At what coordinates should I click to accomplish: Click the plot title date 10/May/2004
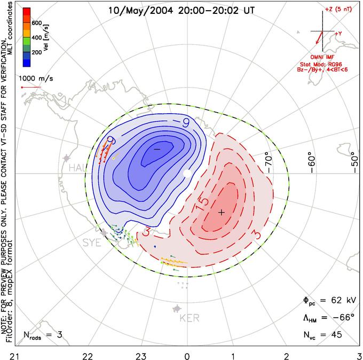[x=140, y=11]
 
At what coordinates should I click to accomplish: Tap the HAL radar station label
[x=78, y=168]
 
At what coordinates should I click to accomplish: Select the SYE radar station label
[x=92, y=242]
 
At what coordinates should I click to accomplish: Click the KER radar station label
[x=190, y=318]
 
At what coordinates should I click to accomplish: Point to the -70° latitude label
[x=269, y=162]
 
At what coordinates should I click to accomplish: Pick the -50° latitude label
[x=354, y=162]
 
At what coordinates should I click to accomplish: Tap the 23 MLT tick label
[x=141, y=356]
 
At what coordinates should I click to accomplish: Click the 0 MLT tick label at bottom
[x=187, y=356]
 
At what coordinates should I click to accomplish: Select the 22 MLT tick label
[x=88, y=356]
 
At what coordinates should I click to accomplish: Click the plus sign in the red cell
[x=222, y=212]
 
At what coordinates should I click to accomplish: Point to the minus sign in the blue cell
[x=157, y=149]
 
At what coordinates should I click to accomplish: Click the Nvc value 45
[x=336, y=334]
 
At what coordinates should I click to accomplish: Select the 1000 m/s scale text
[x=36, y=79]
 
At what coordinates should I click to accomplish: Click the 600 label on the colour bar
[x=37, y=23]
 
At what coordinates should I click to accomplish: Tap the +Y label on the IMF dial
[x=338, y=34]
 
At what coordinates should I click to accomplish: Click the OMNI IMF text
[x=322, y=57]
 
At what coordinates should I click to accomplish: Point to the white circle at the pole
[x=187, y=173]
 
